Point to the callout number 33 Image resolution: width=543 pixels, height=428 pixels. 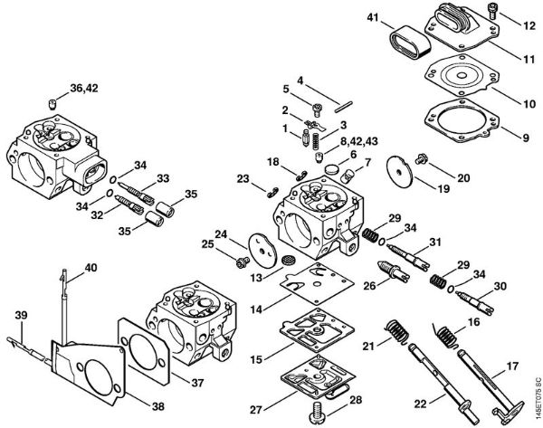(164, 177)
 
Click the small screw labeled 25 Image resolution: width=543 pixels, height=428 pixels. (241, 261)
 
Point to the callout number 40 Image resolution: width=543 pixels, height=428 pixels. (90, 268)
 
